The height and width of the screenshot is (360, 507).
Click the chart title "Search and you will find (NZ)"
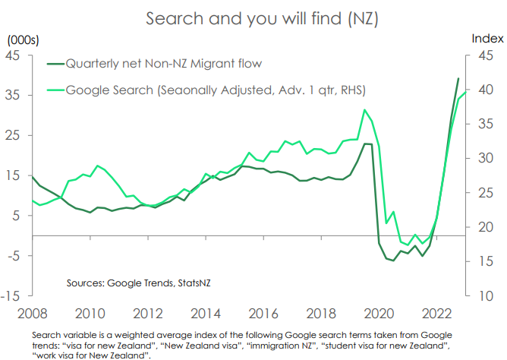(x=253, y=17)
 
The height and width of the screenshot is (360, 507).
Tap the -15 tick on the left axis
(x=13, y=295)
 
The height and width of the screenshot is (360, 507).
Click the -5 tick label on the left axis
(x=14, y=255)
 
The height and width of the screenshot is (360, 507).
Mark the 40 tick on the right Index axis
(x=486, y=90)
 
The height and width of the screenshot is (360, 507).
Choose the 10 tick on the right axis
(x=486, y=295)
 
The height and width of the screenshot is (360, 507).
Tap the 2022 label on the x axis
(x=439, y=313)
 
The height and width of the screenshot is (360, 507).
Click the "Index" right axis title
(x=487, y=38)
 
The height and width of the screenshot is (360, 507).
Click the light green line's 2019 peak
(x=365, y=110)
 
